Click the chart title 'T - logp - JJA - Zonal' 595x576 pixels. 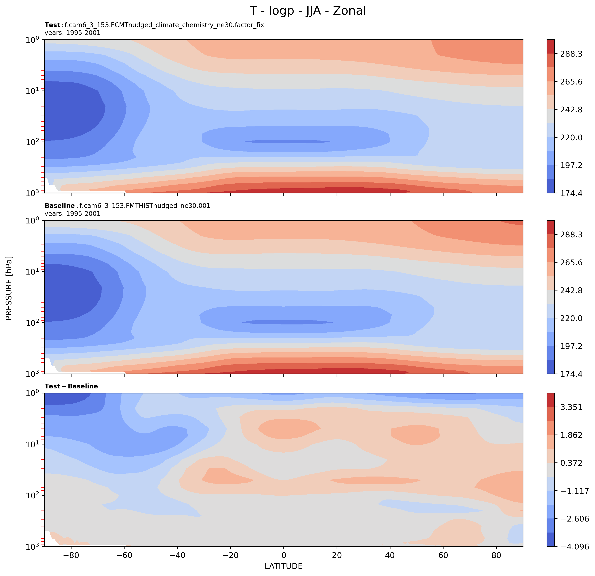click(x=308, y=11)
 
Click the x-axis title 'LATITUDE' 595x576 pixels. click(x=284, y=566)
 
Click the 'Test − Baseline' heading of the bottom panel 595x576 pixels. click(x=71, y=386)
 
